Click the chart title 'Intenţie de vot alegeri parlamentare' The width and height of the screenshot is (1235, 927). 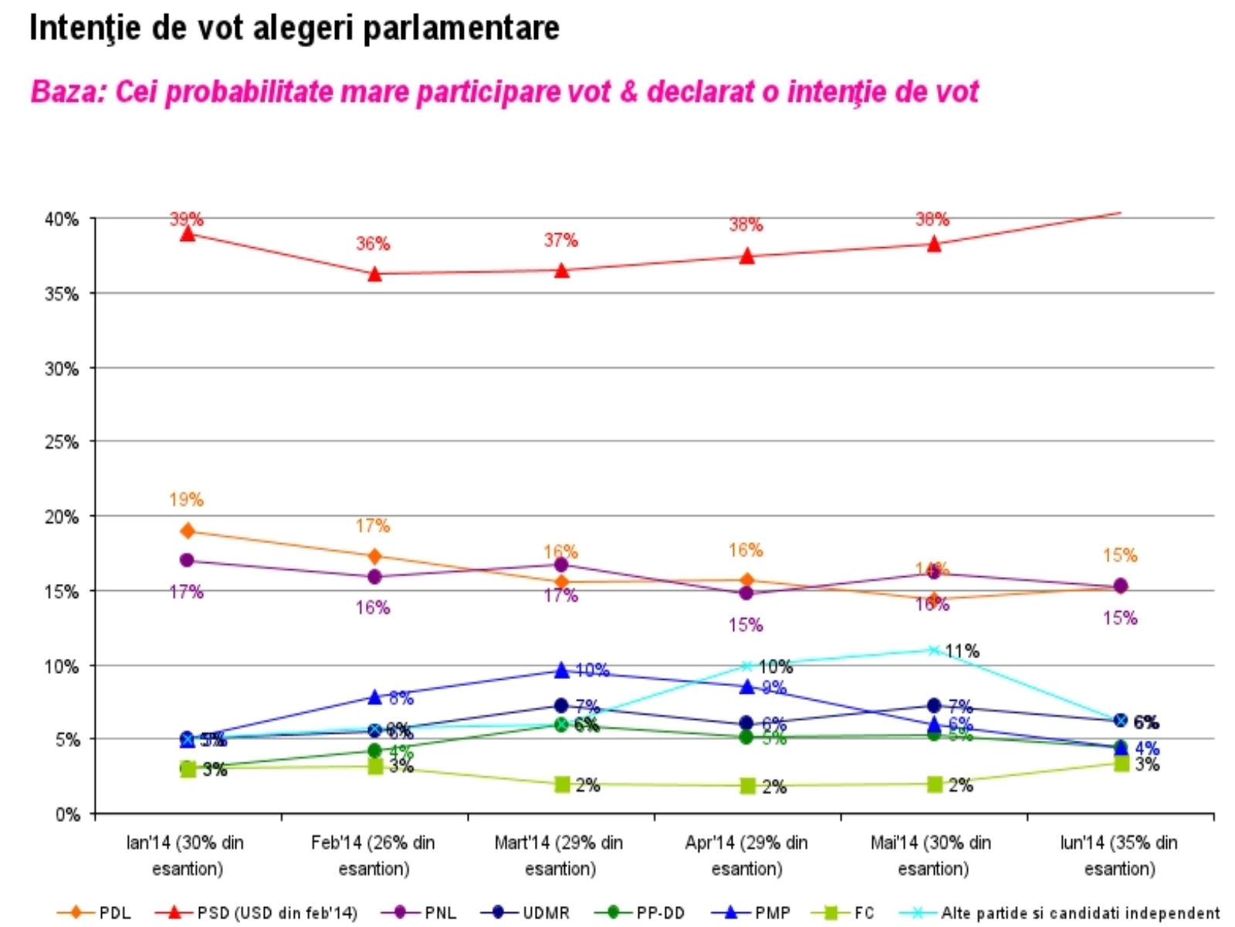pos(294,29)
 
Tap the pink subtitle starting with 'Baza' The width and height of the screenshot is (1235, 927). pos(504,92)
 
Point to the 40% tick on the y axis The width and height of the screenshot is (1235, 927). pos(62,219)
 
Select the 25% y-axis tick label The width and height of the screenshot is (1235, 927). pos(62,443)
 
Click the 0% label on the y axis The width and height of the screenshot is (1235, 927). pos(67,815)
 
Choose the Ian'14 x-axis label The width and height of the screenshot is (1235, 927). pos(186,855)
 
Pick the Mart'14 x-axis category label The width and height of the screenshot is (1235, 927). pos(560,855)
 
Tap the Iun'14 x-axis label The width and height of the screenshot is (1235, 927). pos(1119,855)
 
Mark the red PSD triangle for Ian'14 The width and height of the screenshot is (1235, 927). pos(187,233)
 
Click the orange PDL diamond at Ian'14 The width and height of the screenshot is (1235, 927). pos(187,531)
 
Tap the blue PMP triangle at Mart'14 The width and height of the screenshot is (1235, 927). pos(562,670)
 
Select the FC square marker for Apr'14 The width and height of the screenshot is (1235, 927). pos(747,786)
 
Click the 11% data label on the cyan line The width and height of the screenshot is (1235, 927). pos(963,651)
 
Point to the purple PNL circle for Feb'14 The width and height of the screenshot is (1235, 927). pos(374,577)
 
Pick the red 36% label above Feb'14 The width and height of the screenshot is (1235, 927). pos(373,244)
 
